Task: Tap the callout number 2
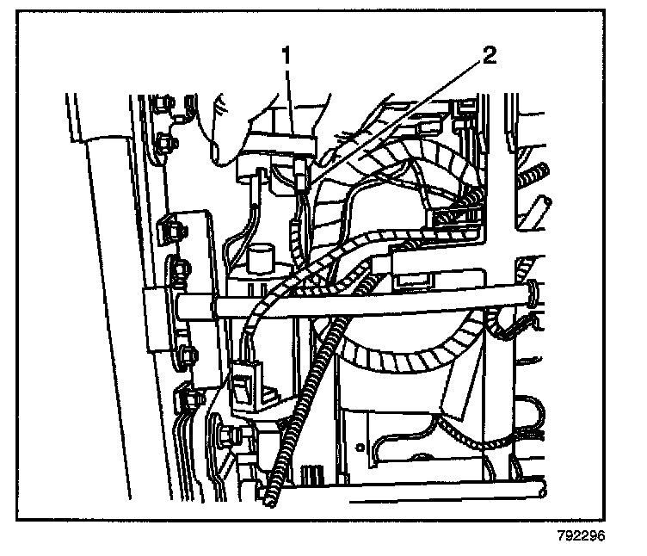(488, 57)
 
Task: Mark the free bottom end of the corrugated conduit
(273, 502)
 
